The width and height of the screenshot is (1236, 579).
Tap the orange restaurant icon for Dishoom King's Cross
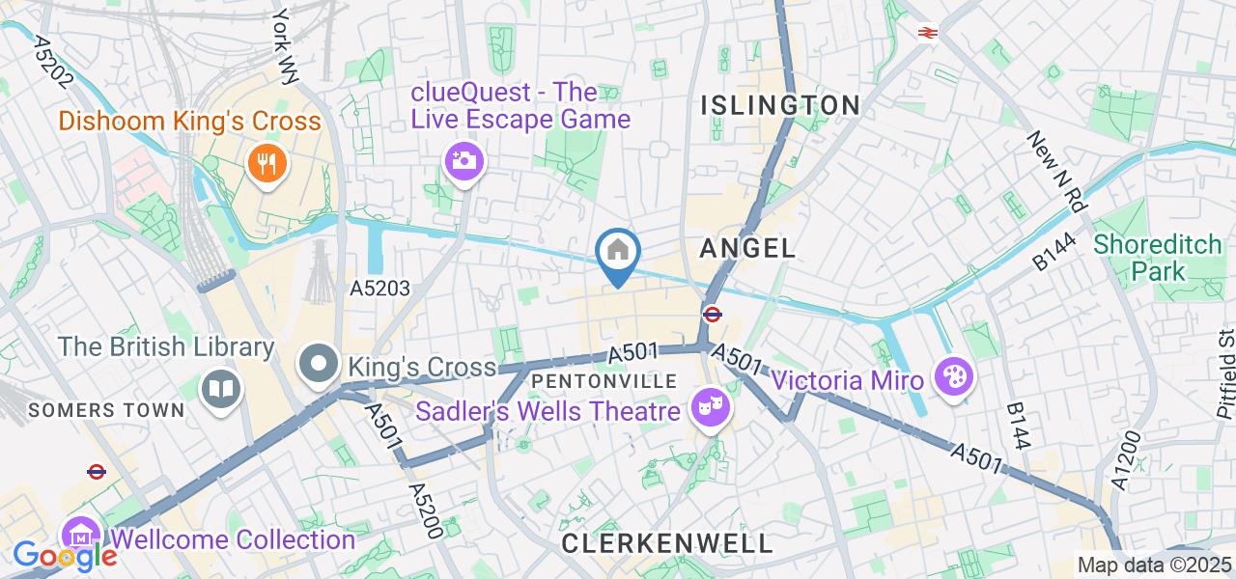pyautogui.click(x=267, y=162)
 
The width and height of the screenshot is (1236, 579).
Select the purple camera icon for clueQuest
pyautogui.click(x=464, y=159)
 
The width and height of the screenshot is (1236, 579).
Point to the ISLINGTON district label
pyautogui.click(x=780, y=105)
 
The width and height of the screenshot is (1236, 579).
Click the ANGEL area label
pyautogui.click(x=747, y=248)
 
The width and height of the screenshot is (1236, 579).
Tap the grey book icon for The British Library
pyautogui.click(x=221, y=389)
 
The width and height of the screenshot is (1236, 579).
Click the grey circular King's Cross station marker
pyautogui.click(x=319, y=365)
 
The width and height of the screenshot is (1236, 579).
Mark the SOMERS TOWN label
pyautogui.click(x=106, y=410)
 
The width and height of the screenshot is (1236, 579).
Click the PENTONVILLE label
pyautogui.click(x=604, y=381)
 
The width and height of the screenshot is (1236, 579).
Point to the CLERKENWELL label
pyautogui.click(x=667, y=543)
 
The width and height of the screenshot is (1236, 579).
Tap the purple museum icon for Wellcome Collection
pyautogui.click(x=81, y=538)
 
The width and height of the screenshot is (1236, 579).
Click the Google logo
pyautogui.click(x=64, y=556)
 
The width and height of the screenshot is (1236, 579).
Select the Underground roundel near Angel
pyautogui.click(x=713, y=314)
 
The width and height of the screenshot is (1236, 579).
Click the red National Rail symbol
pyautogui.click(x=928, y=33)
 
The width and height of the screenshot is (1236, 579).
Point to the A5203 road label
pyautogui.click(x=379, y=288)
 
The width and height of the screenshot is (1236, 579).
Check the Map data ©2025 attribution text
pyautogui.click(x=1155, y=565)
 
